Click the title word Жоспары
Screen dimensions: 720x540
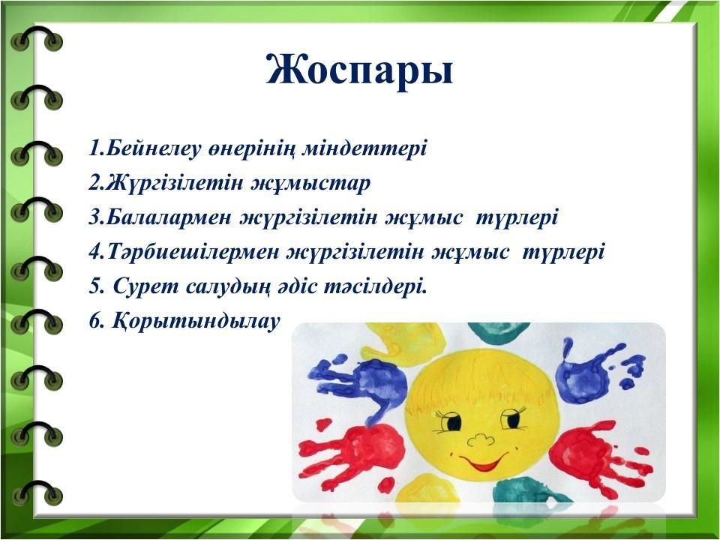click(x=359, y=70)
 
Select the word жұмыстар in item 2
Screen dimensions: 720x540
click(x=310, y=184)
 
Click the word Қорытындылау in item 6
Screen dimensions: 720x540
click(x=196, y=322)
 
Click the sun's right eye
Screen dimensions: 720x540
click(x=512, y=418)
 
